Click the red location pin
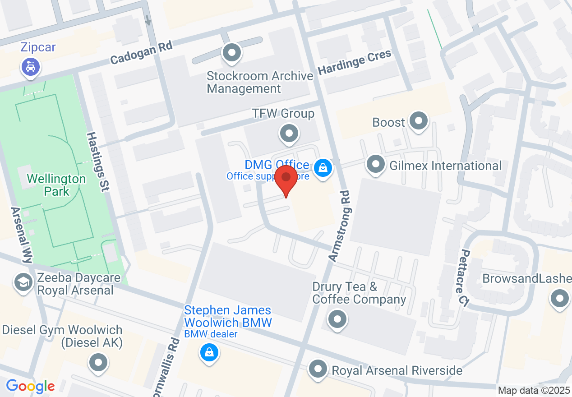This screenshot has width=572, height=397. pos(286,180)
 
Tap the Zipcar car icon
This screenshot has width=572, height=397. pos(31,68)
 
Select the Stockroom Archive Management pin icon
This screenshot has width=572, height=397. pos(232,53)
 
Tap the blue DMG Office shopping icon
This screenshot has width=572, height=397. pos(323,168)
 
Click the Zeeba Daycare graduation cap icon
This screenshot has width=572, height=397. pos(23,283)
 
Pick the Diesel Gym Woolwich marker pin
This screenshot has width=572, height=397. pos(98,362)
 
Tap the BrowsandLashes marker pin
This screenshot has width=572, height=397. pos(560,299)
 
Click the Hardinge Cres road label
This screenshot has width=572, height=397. pos(355,63)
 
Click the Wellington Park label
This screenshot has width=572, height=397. pos(56,185)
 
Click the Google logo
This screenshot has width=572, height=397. pos(30,386)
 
